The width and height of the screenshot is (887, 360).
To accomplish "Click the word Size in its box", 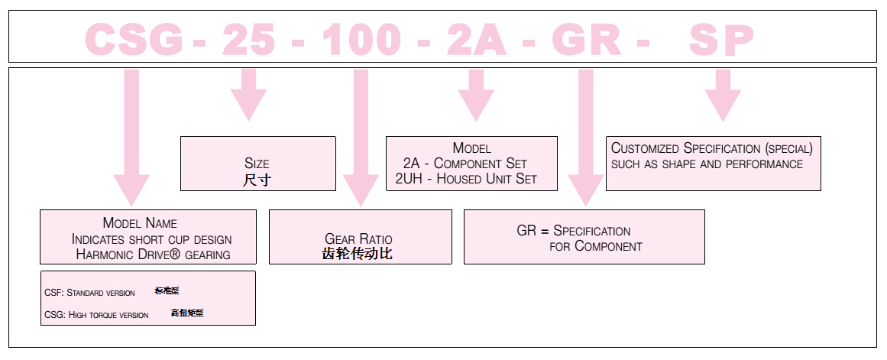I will pos(257,164).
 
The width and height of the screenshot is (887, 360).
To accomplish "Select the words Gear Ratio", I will pos(358,239).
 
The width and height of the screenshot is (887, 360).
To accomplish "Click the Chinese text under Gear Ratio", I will pos(358,254).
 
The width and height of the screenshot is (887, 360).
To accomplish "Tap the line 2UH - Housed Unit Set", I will pos(466,179).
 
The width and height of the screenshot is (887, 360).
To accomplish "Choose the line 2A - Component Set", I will pos(465,164).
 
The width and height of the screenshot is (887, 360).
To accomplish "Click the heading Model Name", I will pos(140,223).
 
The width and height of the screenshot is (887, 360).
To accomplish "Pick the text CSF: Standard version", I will pos(90,293).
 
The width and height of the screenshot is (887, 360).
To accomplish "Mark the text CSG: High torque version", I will pos(97,315).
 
